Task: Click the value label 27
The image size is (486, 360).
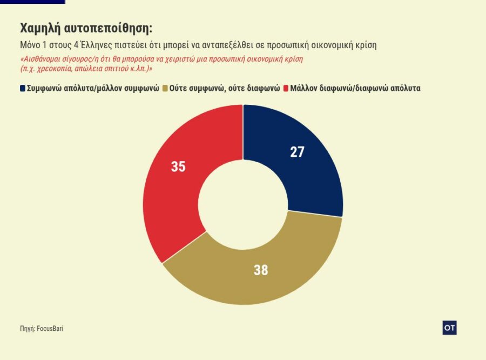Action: click(x=297, y=152)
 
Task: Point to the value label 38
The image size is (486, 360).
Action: click(x=261, y=270)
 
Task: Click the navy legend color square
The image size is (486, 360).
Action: click(x=23, y=88)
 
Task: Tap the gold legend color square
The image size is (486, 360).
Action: click(x=165, y=88)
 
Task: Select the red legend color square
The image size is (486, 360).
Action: click(x=285, y=88)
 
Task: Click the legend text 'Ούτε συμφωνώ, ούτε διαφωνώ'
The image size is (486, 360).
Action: click(x=225, y=88)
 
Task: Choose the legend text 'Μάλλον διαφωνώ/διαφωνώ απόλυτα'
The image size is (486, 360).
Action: click(x=355, y=88)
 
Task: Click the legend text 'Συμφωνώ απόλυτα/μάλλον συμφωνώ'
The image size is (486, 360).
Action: click(x=93, y=88)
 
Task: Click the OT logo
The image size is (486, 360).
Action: click(x=449, y=328)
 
